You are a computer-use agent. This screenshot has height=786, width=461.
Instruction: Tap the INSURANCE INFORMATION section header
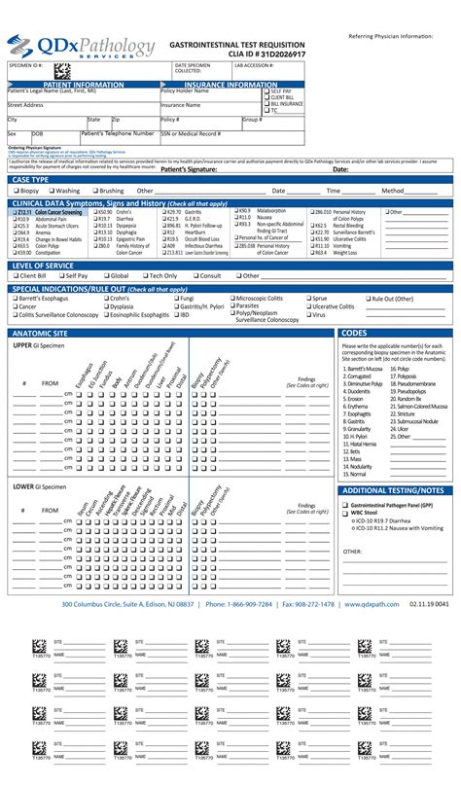pyautogui.click(x=230, y=85)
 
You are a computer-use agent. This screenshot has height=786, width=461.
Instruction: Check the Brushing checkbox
pyautogui.click(x=95, y=191)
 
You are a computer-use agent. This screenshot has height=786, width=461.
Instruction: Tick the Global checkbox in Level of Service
pyautogui.click(x=103, y=276)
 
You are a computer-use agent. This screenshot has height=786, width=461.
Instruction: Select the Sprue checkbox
pyautogui.click(x=307, y=299)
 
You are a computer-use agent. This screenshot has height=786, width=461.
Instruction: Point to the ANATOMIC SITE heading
pyautogui.click(x=40, y=333)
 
